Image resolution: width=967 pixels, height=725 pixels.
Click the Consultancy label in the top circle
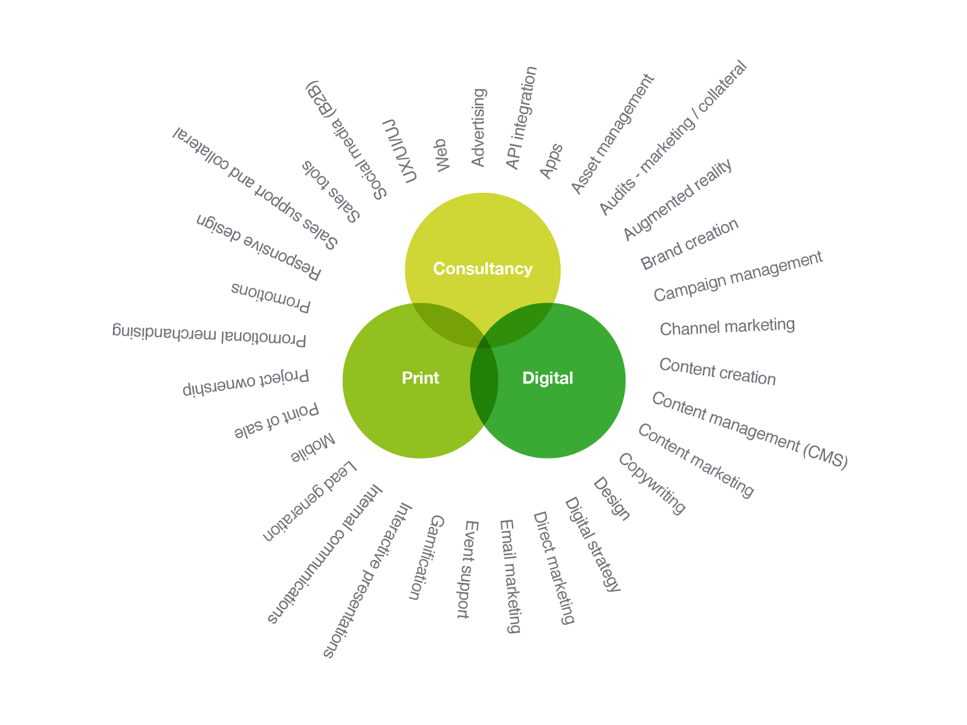click(x=482, y=269)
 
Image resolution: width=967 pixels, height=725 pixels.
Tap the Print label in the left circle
click(x=420, y=378)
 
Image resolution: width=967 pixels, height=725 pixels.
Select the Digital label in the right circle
click(x=548, y=378)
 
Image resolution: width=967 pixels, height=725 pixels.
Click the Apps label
click(x=551, y=161)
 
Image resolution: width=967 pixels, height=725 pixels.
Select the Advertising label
click(x=478, y=127)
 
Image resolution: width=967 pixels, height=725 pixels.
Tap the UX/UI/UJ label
click(x=399, y=151)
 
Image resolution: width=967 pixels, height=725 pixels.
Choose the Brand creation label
click(x=690, y=244)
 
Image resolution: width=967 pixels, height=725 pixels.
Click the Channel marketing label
click(x=727, y=326)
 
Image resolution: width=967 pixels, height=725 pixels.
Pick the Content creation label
click(x=717, y=372)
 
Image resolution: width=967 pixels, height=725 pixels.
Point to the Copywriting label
click(x=652, y=484)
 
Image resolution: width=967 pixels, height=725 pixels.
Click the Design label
click(x=612, y=499)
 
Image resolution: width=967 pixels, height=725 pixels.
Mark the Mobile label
click(x=313, y=448)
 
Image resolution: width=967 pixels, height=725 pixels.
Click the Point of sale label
click(x=276, y=420)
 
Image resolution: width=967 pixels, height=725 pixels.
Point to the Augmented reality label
click(x=678, y=199)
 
